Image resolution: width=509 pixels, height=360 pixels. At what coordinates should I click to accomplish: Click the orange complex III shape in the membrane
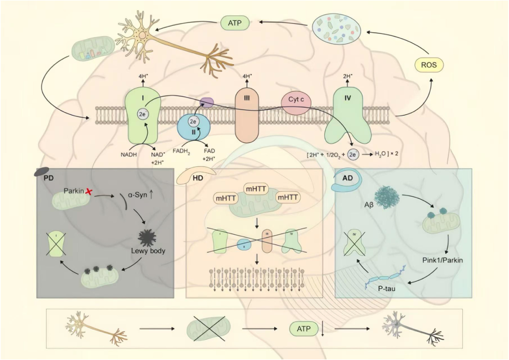click(x=246, y=115)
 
